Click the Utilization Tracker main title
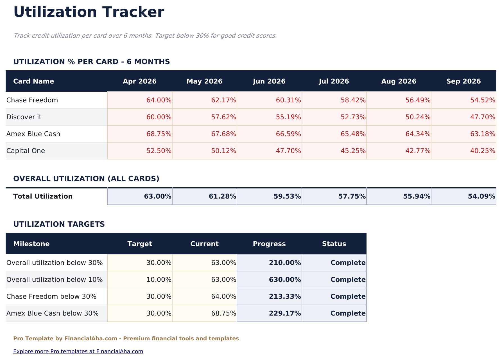click(89, 12)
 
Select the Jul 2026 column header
click(334, 81)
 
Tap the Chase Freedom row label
click(32, 100)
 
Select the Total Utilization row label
click(43, 196)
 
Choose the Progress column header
click(269, 244)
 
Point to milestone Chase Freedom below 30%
click(51, 296)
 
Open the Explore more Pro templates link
click(78, 351)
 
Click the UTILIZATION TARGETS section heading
click(59, 224)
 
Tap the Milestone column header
click(31, 244)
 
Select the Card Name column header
click(33, 81)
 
